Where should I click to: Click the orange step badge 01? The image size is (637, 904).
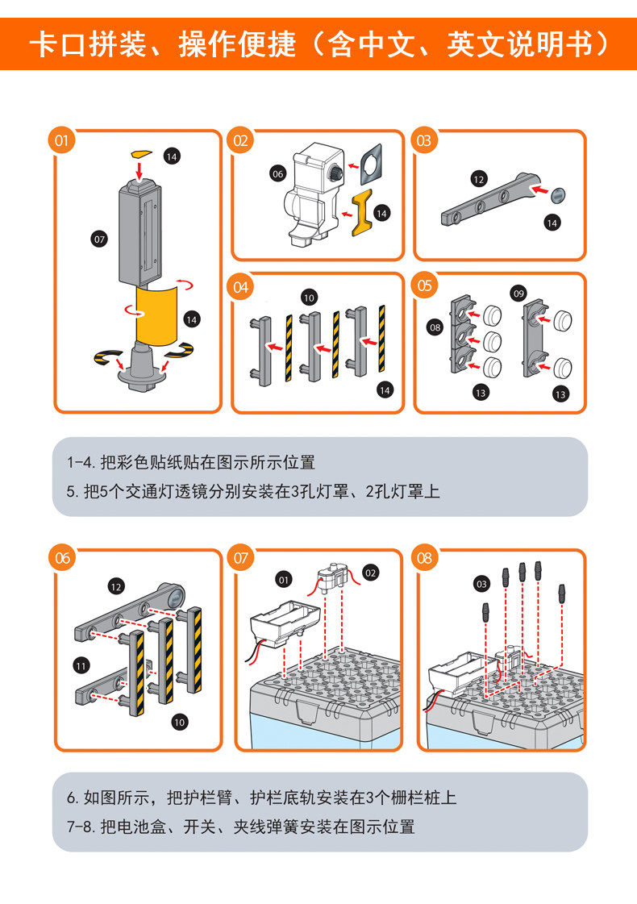tap(61, 140)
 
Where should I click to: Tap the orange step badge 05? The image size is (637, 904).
tap(424, 286)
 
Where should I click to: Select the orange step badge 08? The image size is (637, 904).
tap(424, 558)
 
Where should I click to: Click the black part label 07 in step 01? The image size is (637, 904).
tap(100, 240)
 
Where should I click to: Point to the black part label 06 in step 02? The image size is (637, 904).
tap(278, 173)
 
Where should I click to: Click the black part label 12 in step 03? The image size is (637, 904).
tap(479, 179)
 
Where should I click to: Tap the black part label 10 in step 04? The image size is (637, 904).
tap(309, 298)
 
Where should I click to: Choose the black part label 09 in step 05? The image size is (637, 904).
tap(518, 294)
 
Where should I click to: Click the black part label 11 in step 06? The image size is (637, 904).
tap(81, 666)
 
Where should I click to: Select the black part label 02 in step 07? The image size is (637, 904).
tap(371, 573)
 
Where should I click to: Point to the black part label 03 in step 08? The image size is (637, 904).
tap(481, 584)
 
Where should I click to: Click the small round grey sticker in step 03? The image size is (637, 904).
tap(558, 195)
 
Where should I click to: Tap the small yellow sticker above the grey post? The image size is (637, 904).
tap(140, 153)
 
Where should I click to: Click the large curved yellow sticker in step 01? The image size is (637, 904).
tap(156, 315)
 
